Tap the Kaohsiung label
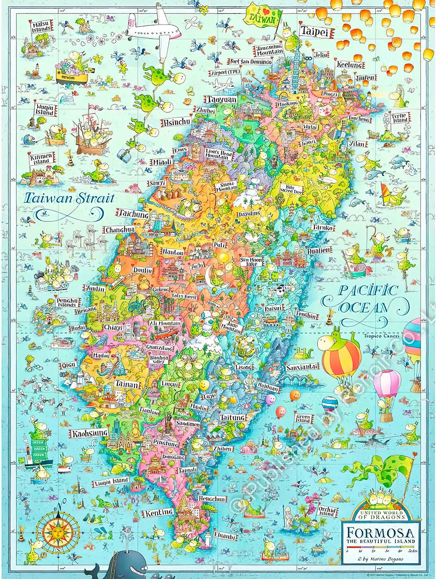pos(90,433)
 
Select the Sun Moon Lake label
pos(251,262)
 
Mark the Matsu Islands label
pos(42,27)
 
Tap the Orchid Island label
pos(327,511)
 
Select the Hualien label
pos(319,250)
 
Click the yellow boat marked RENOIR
pos(71,76)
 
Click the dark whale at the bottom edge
pos(119,566)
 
